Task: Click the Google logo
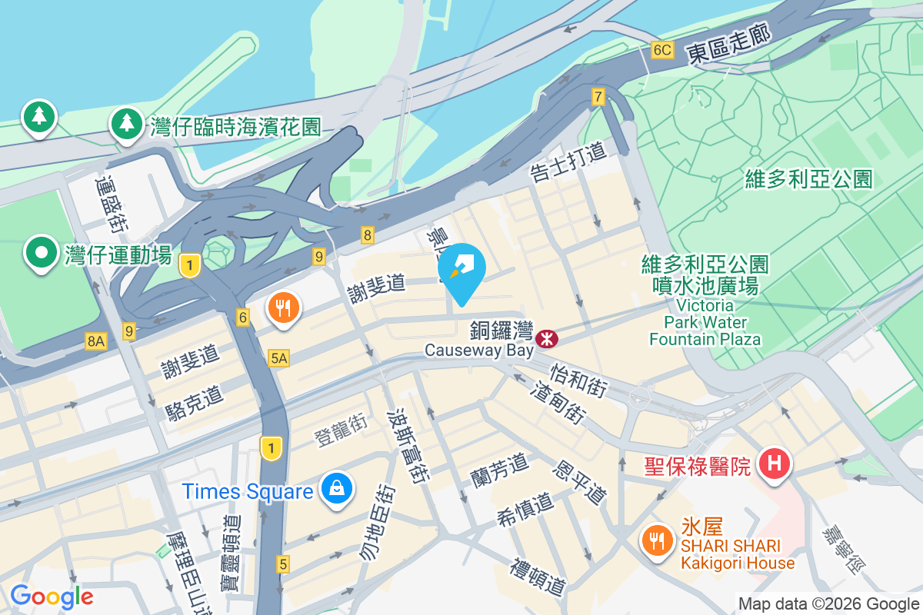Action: click(52, 597)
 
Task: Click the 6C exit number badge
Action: click(661, 51)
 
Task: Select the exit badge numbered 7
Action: click(598, 97)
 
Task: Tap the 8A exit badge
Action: click(95, 341)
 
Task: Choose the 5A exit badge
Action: click(278, 357)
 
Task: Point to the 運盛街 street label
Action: click(112, 204)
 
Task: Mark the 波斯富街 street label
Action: click(408, 444)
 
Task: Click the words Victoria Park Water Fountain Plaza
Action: click(705, 321)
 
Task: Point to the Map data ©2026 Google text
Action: click(828, 604)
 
